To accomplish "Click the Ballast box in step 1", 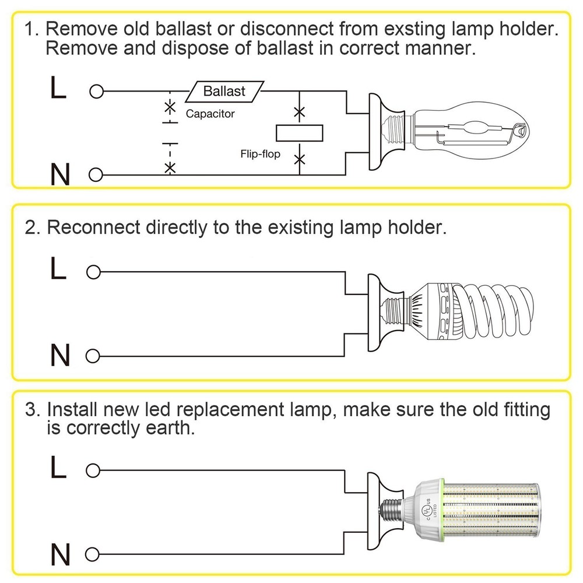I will coord(224,92).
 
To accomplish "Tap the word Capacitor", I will coord(210,114).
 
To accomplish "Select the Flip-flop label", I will coord(260,154).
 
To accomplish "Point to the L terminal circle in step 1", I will coord(96,92).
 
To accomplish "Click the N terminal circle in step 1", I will coord(96,174).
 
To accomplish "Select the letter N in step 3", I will coord(61,552).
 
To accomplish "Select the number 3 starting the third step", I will coord(31,409).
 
